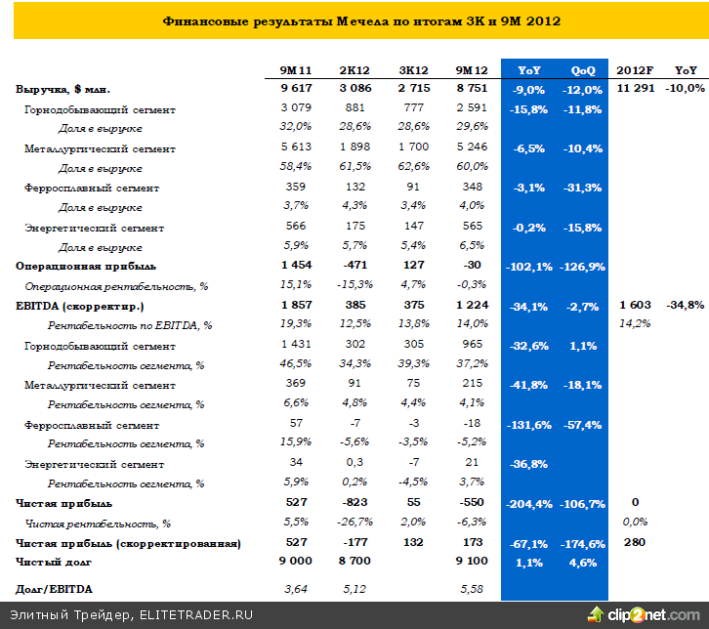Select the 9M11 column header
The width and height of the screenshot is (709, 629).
(x=295, y=70)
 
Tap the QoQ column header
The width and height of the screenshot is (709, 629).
(x=582, y=70)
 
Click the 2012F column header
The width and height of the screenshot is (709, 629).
(x=635, y=70)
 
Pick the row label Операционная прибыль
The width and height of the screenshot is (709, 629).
(x=72, y=266)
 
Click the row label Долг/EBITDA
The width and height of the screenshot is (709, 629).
(x=51, y=588)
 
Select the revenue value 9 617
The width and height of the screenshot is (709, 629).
(x=295, y=89)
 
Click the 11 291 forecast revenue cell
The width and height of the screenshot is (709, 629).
(x=635, y=89)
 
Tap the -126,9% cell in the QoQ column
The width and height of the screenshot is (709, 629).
(x=581, y=267)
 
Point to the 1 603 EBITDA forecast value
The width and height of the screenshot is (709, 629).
(x=635, y=306)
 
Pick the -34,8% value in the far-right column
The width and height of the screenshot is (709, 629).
(x=685, y=306)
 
